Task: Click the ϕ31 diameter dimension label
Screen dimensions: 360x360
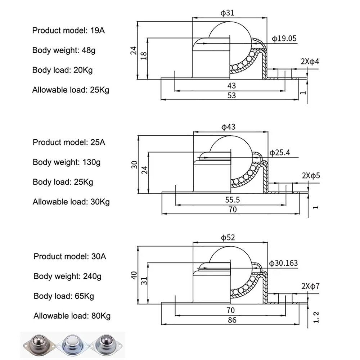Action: tap(228, 13)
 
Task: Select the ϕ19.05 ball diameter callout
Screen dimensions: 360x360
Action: tap(284, 39)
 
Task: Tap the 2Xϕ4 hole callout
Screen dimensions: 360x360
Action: tap(310, 62)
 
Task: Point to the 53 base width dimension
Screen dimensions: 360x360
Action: tap(231, 95)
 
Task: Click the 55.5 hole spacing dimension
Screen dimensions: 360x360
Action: tap(232, 199)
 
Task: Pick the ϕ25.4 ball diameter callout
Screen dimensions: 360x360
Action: tap(280, 152)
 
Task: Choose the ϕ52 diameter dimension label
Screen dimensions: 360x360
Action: tap(228, 237)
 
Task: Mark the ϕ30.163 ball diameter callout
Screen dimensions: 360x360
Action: tap(283, 263)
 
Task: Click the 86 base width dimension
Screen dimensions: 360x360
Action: tap(232, 320)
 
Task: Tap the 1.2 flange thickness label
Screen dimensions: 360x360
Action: tap(316, 317)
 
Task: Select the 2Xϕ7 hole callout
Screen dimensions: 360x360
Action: tap(311, 286)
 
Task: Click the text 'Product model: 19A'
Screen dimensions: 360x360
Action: tap(68, 30)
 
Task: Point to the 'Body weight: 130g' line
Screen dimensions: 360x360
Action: tap(67, 162)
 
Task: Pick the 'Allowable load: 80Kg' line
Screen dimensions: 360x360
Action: tap(72, 316)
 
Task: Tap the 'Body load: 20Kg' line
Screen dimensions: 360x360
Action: tap(62, 70)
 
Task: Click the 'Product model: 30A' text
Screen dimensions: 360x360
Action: tap(70, 256)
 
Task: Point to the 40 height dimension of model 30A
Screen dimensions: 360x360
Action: tap(134, 275)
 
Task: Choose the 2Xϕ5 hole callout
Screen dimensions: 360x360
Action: tap(311, 176)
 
